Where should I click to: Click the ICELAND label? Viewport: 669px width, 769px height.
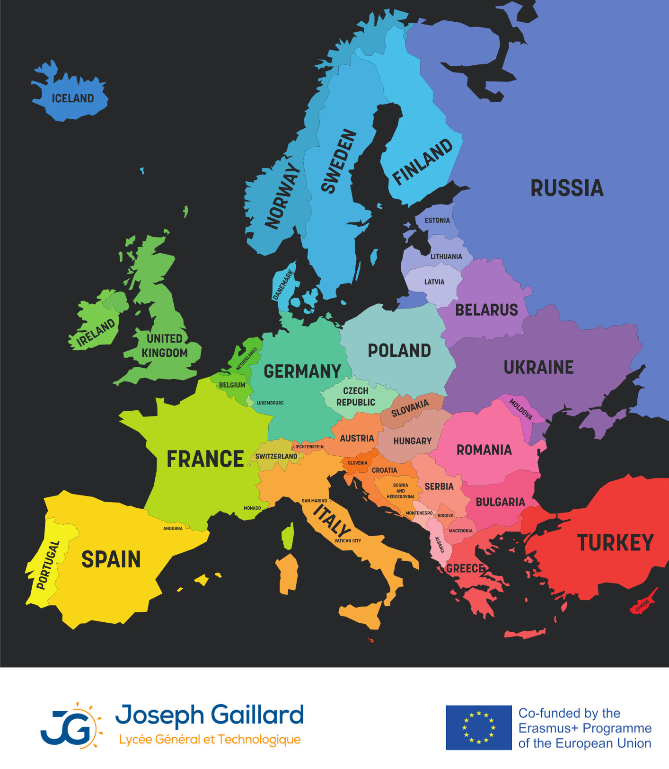(x=73, y=98)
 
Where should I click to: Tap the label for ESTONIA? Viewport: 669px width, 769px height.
(x=437, y=221)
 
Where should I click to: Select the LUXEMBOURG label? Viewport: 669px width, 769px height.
(x=270, y=403)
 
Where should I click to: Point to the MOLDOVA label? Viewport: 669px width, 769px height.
(x=520, y=409)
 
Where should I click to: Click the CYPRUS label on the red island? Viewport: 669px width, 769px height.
(x=643, y=605)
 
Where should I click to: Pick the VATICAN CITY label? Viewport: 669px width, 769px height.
(x=348, y=541)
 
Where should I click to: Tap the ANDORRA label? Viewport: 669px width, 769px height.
(x=173, y=529)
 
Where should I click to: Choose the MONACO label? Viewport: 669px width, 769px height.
(x=252, y=508)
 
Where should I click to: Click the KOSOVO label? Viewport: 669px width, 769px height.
(x=446, y=516)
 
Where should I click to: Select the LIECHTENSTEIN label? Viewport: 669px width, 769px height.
(x=308, y=447)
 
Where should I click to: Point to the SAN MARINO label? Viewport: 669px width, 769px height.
(x=314, y=501)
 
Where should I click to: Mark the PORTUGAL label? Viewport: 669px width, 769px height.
(x=48, y=565)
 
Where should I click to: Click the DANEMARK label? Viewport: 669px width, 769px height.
(x=283, y=285)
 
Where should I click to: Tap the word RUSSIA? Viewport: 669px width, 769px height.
(x=567, y=188)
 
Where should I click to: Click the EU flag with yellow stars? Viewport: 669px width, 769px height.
(x=479, y=727)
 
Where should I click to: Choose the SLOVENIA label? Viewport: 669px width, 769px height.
(x=357, y=463)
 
